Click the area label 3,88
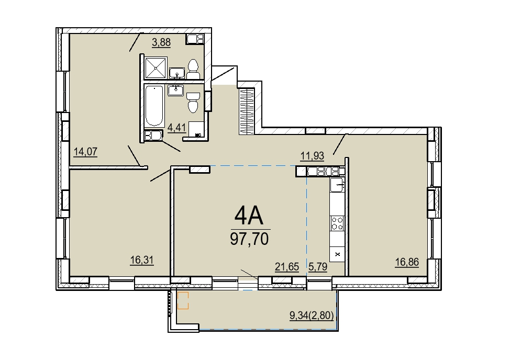tap(161, 42)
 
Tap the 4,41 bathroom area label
tap(176, 128)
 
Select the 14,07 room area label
tap(85, 152)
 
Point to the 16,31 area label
tap(142, 260)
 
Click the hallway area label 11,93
tap(312, 156)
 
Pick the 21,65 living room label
tap(287, 267)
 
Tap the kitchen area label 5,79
tap(318, 267)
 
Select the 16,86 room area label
tap(407, 262)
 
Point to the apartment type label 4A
tap(249, 216)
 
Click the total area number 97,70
tap(249, 239)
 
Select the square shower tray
tap(156, 68)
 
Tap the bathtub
tap(154, 105)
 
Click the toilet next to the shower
tap(193, 69)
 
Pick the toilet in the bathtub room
tap(193, 102)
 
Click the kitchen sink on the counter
tap(337, 185)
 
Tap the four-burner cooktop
tap(337, 223)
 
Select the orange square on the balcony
tap(183, 300)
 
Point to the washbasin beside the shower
tap(177, 73)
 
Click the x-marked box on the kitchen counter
tap(337, 254)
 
